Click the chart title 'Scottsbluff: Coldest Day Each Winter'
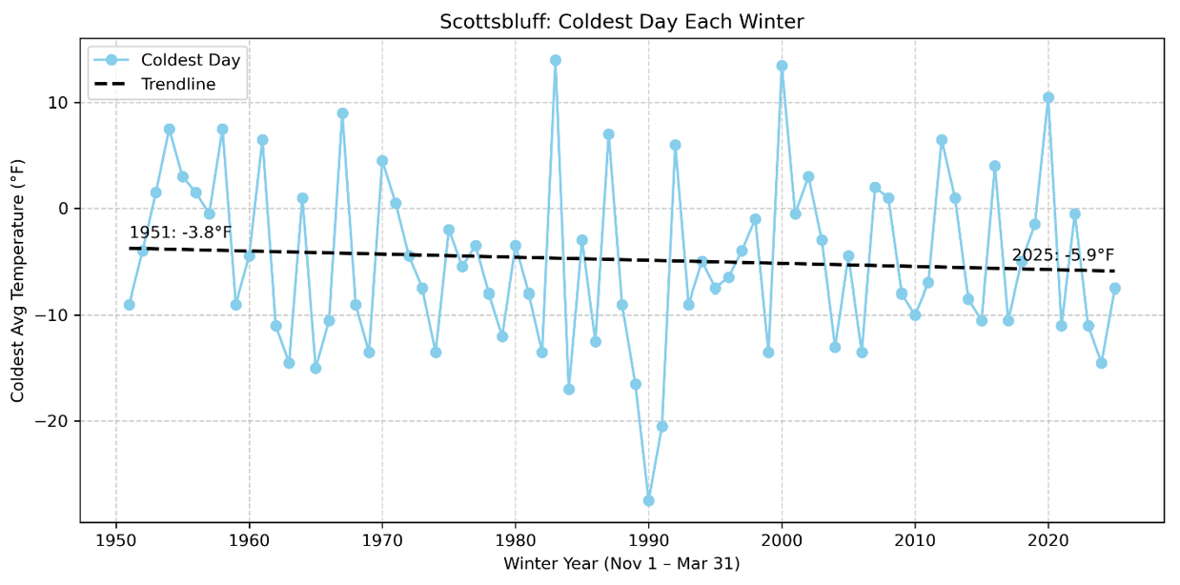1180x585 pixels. pyautogui.click(x=621, y=22)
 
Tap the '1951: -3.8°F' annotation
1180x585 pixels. pyautogui.click(x=180, y=232)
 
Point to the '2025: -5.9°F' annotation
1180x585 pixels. pyautogui.click(x=1063, y=255)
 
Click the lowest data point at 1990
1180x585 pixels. pyautogui.click(x=648, y=500)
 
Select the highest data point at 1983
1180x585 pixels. pyautogui.click(x=556, y=60)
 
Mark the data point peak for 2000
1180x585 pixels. pyautogui.click(x=782, y=66)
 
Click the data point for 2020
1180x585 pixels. pyautogui.click(x=1048, y=97)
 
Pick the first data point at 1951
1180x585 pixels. pyautogui.click(x=130, y=305)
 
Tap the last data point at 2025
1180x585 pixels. pyautogui.click(x=1114, y=288)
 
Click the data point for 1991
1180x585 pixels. pyautogui.click(x=661, y=426)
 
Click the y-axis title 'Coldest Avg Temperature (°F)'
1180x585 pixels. pyautogui.click(x=18, y=280)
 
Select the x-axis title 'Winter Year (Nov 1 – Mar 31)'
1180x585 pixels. pyautogui.click(x=621, y=564)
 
